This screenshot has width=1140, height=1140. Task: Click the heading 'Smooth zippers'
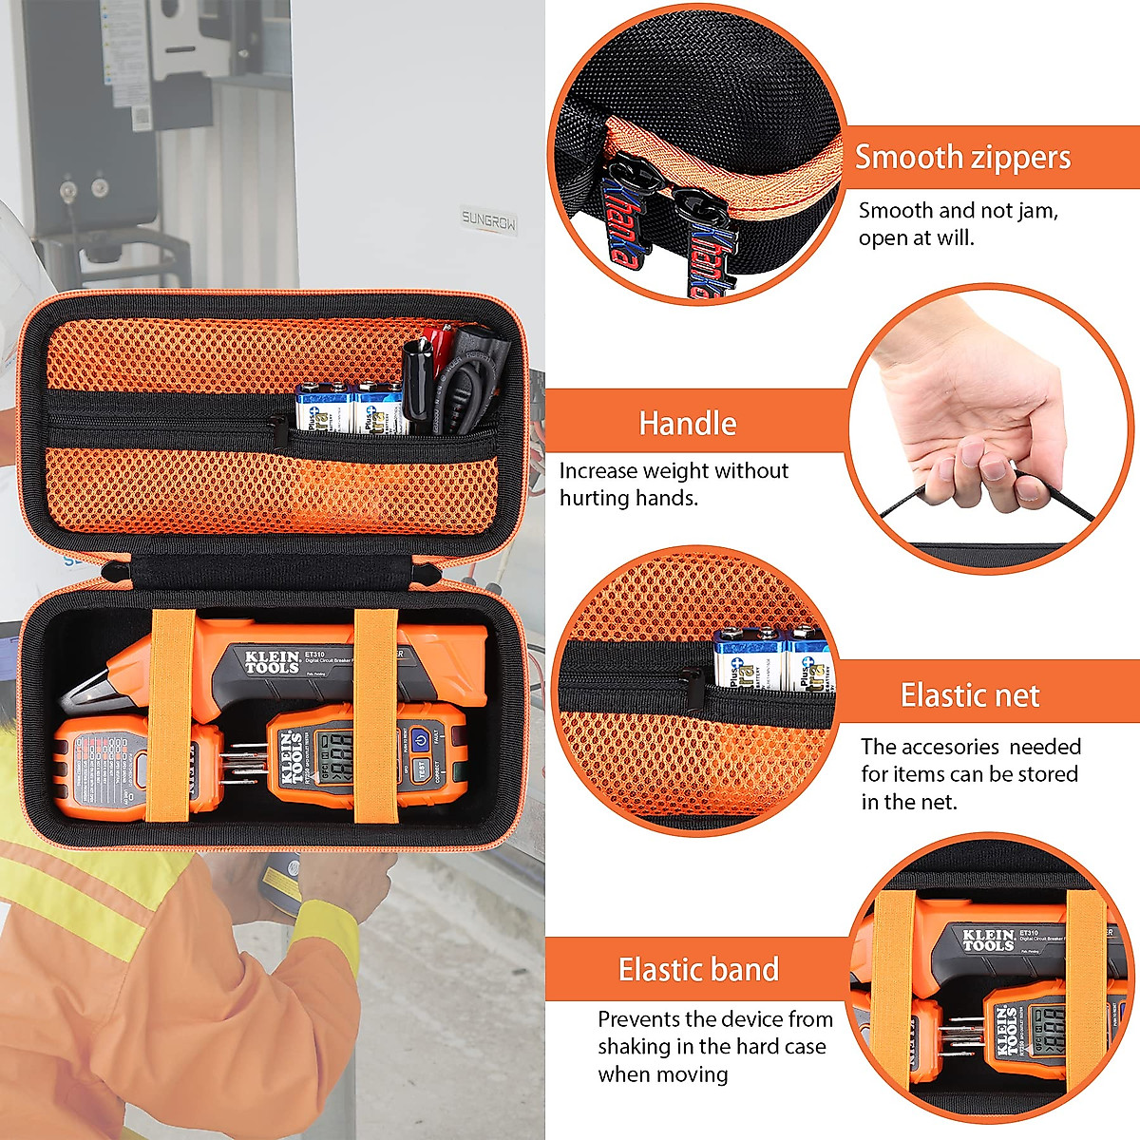pos(961,158)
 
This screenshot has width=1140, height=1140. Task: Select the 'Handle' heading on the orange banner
pos(687,424)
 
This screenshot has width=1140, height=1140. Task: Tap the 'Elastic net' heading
pos(969,695)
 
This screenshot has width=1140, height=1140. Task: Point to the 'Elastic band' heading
pos(698,970)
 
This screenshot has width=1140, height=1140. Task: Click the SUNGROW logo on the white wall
pos(488,220)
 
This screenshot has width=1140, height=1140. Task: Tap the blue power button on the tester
pos(419,736)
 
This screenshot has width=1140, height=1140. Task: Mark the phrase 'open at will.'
pos(916,237)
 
